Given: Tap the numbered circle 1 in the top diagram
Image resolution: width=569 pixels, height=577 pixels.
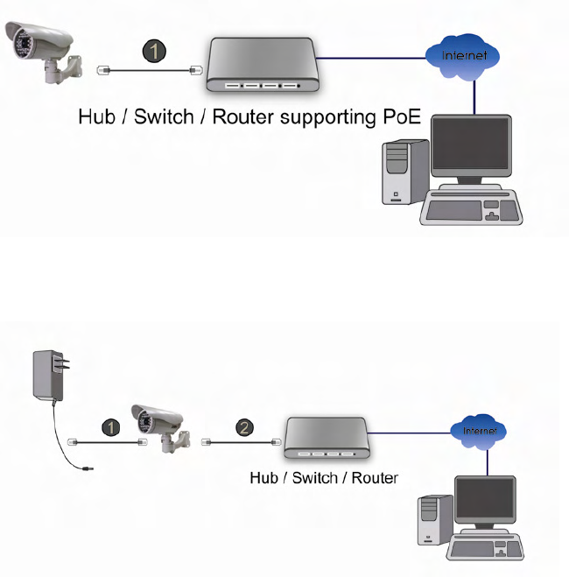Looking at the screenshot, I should (x=153, y=52).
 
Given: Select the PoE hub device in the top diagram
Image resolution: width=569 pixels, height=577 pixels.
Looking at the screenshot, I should (x=260, y=66).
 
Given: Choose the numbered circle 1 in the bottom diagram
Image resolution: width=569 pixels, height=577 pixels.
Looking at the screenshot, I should (x=109, y=427).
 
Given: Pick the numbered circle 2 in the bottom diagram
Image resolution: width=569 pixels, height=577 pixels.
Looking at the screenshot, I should (x=244, y=427).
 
